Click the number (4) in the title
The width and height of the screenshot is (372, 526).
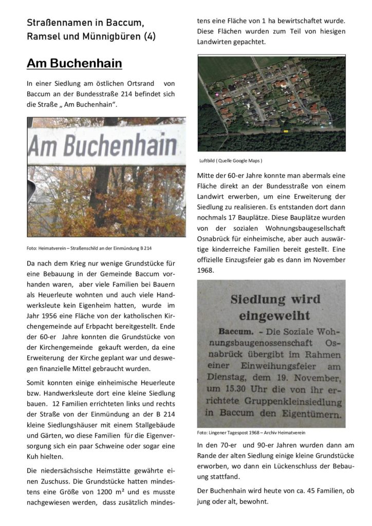point(150,36)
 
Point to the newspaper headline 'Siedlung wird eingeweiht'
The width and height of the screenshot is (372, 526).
point(275,307)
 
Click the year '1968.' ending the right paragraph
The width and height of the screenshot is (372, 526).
point(206,270)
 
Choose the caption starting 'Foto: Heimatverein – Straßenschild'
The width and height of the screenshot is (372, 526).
point(89,249)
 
